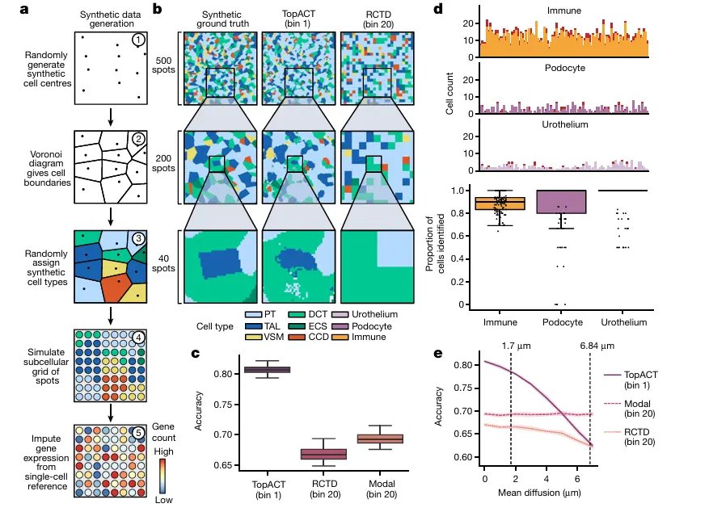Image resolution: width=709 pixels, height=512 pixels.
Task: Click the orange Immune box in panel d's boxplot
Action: (500, 203)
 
